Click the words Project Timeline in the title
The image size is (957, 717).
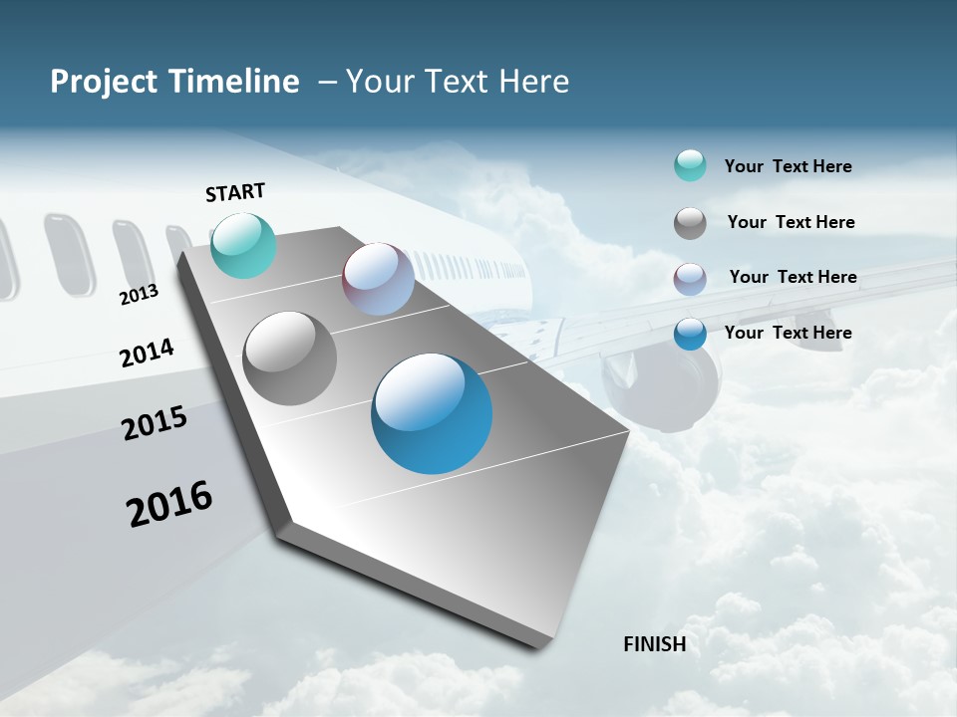(x=174, y=82)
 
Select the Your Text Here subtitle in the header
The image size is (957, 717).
(x=457, y=82)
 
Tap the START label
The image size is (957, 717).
(x=235, y=192)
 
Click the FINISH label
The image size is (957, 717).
(x=655, y=644)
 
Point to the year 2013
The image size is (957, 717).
(x=139, y=295)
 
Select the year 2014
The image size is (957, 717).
(x=147, y=353)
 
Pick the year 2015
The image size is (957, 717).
(x=155, y=423)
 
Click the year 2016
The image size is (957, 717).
(x=169, y=504)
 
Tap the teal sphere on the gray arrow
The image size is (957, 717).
(x=243, y=245)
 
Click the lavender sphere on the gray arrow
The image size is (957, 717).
(x=378, y=279)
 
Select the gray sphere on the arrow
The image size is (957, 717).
(x=290, y=358)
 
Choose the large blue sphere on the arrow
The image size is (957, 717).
(x=432, y=413)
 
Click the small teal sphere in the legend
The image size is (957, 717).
(x=690, y=165)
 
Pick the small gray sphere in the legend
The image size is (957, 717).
(x=690, y=223)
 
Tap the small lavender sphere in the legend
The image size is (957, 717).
(x=690, y=279)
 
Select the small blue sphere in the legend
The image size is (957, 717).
(x=690, y=334)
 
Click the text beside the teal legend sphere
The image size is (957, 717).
(x=788, y=166)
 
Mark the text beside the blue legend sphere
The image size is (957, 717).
(x=788, y=333)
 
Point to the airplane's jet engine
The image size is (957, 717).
(x=663, y=383)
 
